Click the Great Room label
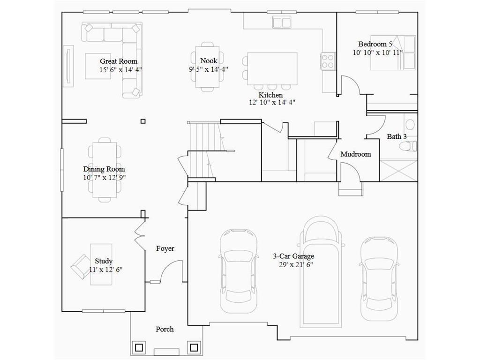point(119,61)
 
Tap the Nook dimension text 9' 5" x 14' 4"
point(209,69)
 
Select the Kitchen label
point(270,95)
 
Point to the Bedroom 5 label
point(375,44)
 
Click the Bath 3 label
point(397,136)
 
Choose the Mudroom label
point(356,154)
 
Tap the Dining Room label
point(104,169)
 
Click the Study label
point(104,261)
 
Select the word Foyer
point(165,248)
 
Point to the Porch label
point(165,329)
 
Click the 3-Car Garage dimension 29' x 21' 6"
point(296,265)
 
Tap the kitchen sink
point(282,22)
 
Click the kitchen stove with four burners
point(328,61)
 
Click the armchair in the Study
point(81,266)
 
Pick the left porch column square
point(139,347)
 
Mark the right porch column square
point(194,347)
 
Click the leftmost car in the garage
point(238,271)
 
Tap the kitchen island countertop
point(272,68)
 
